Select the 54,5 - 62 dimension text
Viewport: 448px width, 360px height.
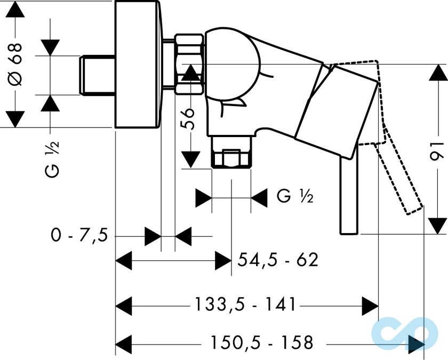pyautogui.click(x=277, y=260)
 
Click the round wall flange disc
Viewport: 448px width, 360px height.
pyautogui.click(x=137, y=64)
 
